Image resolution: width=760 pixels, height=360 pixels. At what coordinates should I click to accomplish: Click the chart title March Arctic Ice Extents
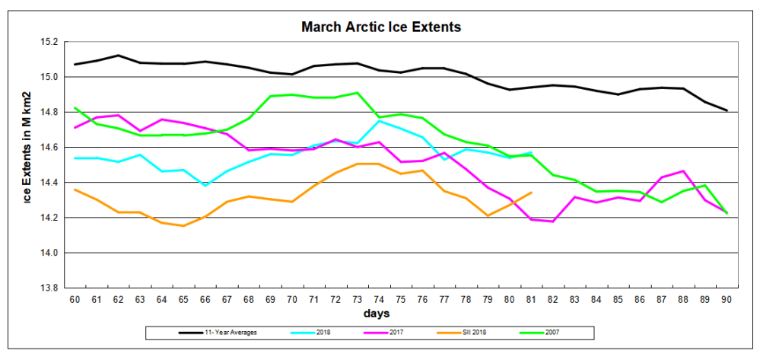(381, 27)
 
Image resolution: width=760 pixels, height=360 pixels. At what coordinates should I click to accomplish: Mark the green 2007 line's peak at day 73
(358, 93)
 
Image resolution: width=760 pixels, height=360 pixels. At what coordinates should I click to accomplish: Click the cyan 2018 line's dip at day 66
(205, 186)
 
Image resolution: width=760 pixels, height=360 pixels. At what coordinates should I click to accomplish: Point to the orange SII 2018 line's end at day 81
(531, 193)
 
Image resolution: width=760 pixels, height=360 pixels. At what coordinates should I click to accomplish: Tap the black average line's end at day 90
(727, 110)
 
